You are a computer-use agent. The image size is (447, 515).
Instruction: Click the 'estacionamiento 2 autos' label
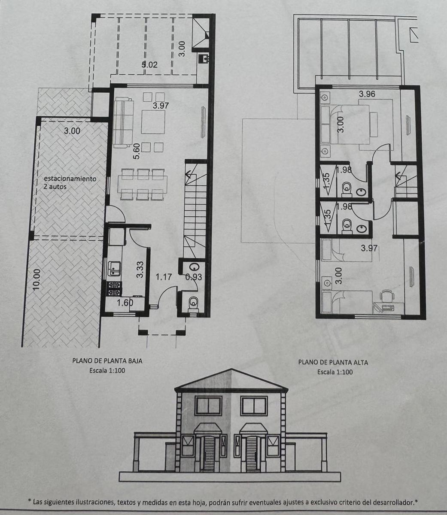click(x=70, y=182)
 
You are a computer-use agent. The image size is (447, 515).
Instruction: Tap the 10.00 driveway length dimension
click(x=36, y=280)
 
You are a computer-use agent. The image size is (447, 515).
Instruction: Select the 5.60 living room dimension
click(x=136, y=151)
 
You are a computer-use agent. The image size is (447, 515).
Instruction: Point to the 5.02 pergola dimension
click(x=149, y=65)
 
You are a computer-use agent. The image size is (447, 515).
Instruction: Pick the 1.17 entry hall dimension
click(x=164, y=277)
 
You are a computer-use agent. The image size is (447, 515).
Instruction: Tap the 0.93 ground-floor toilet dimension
click(x=194, y=277)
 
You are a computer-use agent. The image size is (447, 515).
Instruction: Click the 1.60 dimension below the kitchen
click(x=125, y=303)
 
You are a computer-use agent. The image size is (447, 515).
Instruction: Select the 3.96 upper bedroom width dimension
click(x=367, y=94)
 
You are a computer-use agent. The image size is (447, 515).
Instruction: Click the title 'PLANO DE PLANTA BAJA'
click(x=107, y=360)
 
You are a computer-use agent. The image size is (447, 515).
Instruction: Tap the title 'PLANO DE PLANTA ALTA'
click(x=333, y=363)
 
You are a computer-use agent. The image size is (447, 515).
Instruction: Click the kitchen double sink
click(x=114, y=268)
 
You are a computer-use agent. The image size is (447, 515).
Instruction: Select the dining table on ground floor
click(x=142, y=184)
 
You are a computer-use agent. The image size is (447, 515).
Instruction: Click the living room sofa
click(x=123, y=124)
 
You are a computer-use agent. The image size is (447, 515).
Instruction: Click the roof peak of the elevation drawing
click(x=232, y=369)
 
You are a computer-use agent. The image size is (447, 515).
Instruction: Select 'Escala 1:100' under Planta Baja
click(x=107, y=370)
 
